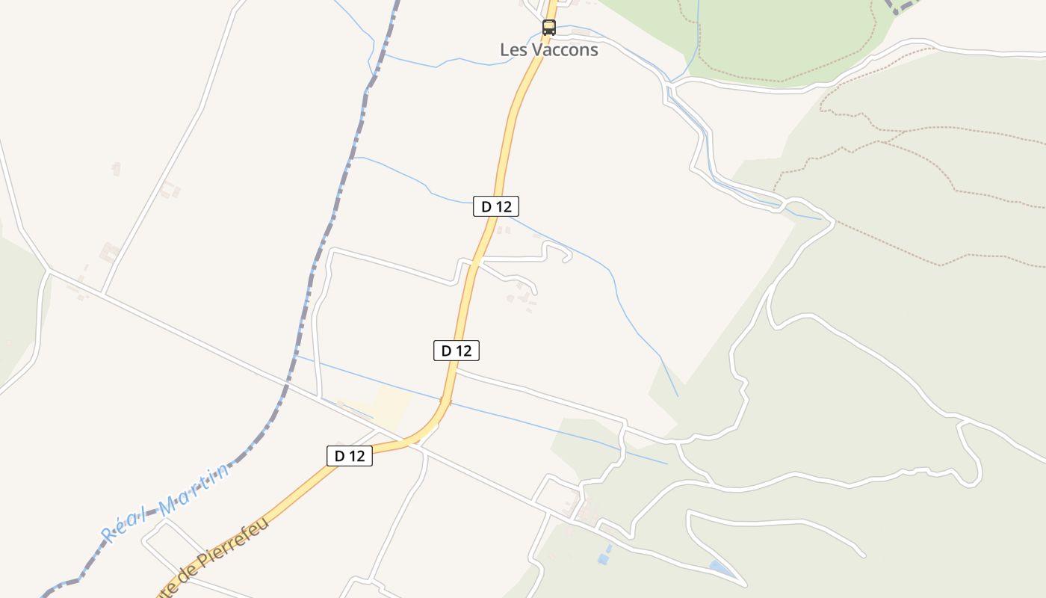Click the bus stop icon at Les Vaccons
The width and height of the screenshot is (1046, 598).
click(549, 28)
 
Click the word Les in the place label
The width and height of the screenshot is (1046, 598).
click(513, 50)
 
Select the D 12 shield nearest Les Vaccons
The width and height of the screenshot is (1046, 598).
click(496, 206)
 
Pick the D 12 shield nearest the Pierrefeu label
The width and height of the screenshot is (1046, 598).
click(350, 455)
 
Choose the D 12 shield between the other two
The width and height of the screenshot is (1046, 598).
click(457, 350)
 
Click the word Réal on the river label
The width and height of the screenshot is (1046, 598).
click(123, 525)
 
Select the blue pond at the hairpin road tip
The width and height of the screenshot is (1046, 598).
click(720, 567)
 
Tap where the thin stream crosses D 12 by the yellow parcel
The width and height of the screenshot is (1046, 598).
click(446, 402)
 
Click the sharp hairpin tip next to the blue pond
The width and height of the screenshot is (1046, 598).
click(744, 584)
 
